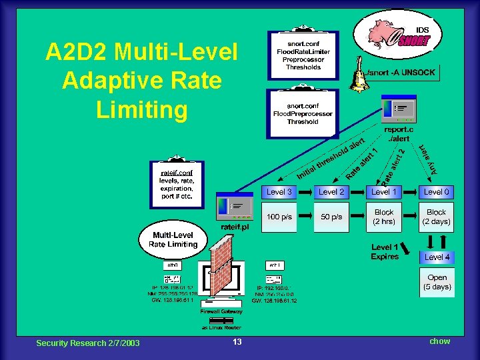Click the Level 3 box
tap(279, 192)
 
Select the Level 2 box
tap(331, 192)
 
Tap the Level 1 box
tap(383, 192)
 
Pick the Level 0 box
tap(437, 192)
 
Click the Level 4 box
tap(437, 257)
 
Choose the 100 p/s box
tap(279, 217)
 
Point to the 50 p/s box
tap(331, 217)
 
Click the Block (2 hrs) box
tap(383, 217)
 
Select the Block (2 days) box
tap(437, 217)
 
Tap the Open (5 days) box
tap(437, 282)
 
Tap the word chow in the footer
tap(439, 341)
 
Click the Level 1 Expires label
tap(385, 251)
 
